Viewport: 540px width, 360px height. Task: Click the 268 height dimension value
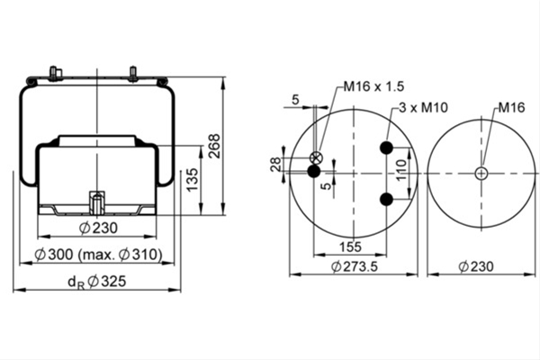pyautogui.click(x=215, y=146)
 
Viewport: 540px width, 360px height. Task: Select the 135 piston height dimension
pyautogui.click(x=193, y=179)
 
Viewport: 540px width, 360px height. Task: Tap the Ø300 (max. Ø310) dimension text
pyautogui.click(x=98, y=255)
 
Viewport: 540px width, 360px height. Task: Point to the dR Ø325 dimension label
pyautogui.click(x=97, y=282)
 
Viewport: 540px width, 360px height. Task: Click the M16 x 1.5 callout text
pyautogui.click(x=374, y=86)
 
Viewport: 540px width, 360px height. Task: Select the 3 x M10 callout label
pyautogui.click(x=424, y=107)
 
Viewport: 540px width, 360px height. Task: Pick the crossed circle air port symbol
pyautogui.click(x=317, y=158)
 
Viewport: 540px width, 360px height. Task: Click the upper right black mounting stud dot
pyautogui.click(x=387, y=148)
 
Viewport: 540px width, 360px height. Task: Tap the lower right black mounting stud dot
pyautogui.click(x=387, y=199)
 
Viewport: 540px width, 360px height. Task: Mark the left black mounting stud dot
pyautogui.click(x=314, y=171)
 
